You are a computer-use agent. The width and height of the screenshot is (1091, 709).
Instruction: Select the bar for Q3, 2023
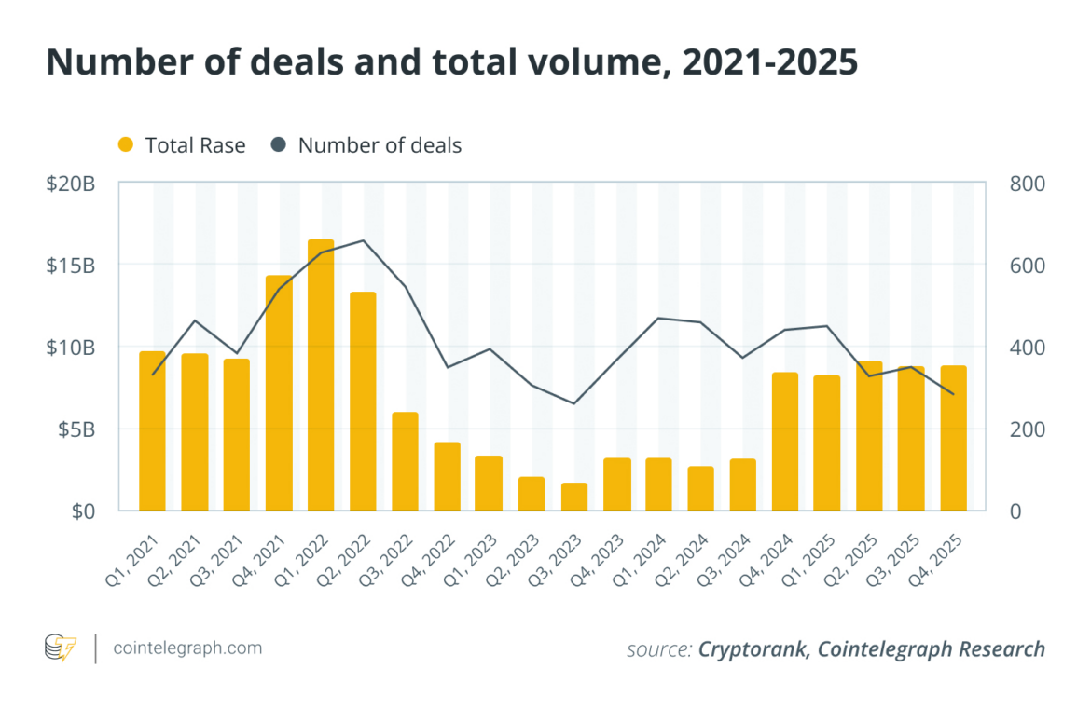(574, 497)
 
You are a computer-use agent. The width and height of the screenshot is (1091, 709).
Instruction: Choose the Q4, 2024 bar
(785, 441)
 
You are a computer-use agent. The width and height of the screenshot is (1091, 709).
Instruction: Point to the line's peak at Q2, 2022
(364, 240)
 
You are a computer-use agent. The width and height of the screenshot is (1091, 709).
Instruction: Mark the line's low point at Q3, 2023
(574, 403)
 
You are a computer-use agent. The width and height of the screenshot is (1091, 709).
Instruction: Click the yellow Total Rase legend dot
(126, 145)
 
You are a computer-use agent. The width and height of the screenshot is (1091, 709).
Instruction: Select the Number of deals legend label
(380, 145)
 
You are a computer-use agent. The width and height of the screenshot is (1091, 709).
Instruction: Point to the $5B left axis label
(74, 429)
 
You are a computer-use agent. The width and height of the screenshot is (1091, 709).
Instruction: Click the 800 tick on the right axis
(1027, 184)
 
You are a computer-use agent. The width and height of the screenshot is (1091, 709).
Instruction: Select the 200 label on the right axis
(1027, 429)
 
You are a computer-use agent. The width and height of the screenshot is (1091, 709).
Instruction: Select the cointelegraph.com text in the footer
(186, 648)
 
